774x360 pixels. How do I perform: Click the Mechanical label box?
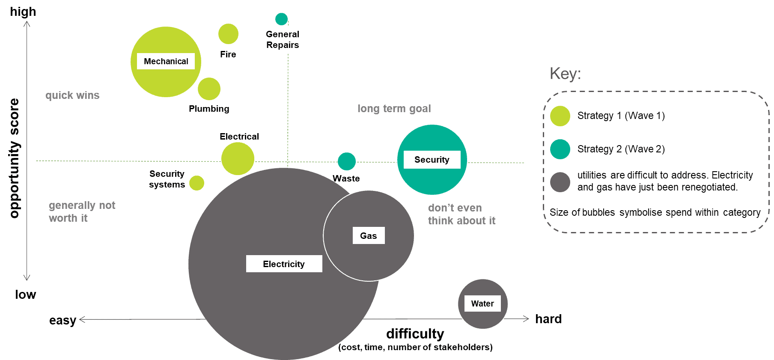166,61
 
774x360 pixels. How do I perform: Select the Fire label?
228,54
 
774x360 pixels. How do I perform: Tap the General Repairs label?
283,39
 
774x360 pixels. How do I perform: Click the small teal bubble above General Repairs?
281,19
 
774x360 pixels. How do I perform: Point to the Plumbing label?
209,109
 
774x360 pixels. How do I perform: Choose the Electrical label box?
239,137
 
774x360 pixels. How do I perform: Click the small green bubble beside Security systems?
196,183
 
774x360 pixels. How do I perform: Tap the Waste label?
346,179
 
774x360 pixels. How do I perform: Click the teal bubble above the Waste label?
347,161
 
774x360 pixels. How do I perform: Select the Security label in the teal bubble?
432,160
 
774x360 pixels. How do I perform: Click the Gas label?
369,236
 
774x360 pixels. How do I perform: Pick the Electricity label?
284,264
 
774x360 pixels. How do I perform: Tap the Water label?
482,303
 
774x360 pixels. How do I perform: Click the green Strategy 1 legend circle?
560,116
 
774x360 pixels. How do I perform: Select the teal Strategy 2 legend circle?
560,149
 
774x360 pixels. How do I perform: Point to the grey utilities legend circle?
560,182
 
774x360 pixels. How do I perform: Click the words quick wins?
72,95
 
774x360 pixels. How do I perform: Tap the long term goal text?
394,109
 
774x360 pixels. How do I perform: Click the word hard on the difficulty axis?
548,319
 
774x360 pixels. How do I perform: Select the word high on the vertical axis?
23,12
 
